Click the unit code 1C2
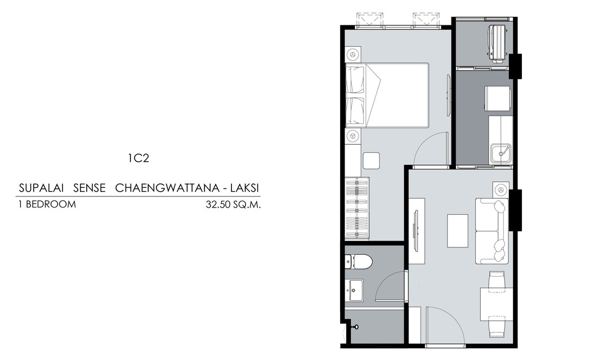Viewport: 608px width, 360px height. click(x=138, y=158)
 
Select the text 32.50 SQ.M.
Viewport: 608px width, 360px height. click(x=234, y=205)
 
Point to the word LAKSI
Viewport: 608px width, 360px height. click(x=245, y=188)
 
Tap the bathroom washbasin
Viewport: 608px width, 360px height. click(x=354, y=290)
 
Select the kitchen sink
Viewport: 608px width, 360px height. click(x=501, y=154)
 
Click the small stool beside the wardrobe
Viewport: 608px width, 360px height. click(x=371, y=160)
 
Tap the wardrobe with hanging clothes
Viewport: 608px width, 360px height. click(x=357, y=208)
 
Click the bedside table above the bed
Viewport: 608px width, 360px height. click(x=353, y=54)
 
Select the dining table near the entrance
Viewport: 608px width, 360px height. click(x=497, y=304)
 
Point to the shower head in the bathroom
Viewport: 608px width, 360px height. click(x=355, y=327)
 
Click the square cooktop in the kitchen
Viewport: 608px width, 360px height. click(x=498, y=99)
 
